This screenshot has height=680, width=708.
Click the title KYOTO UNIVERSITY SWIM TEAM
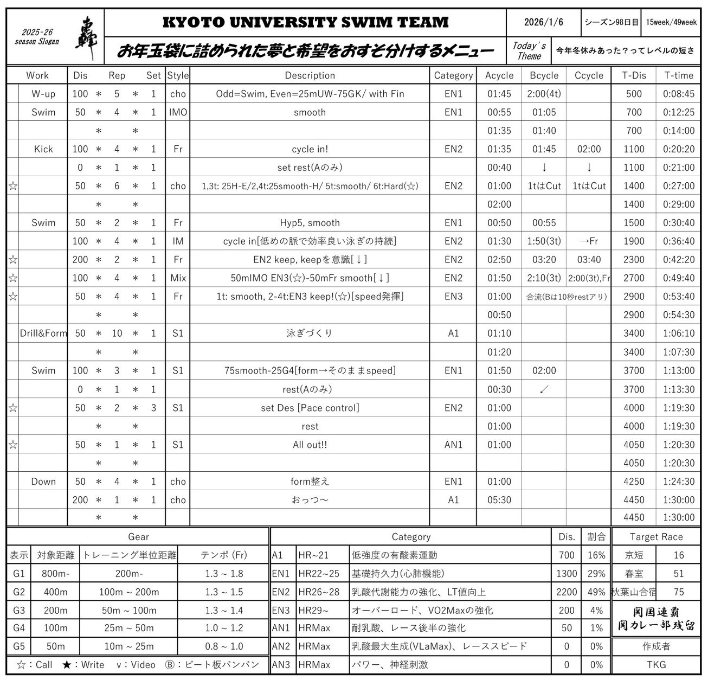(305, 22)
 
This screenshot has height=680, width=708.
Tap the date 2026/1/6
(543, 22)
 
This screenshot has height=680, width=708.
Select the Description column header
(310, 75)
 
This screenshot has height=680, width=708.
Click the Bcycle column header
(544, 75)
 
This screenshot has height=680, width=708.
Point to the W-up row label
(43, 94)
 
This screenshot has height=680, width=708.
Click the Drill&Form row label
(43, 333)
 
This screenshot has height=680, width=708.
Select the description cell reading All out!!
(310, 445)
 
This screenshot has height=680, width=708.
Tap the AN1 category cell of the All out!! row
(453, 445)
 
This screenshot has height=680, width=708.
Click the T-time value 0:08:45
(678, 94)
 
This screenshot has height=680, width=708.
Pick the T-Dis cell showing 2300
(634, 260)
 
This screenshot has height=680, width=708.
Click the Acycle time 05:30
(499, 500)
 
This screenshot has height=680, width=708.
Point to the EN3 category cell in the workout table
(453, 297)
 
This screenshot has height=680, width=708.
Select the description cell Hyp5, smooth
(310, 223)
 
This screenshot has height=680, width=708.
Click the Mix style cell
(178, 278)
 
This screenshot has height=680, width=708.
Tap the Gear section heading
(138, 537)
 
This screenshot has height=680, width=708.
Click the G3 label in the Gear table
(19, 611)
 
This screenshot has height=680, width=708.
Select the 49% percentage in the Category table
(596, 592)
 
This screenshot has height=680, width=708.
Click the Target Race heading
(656, 537)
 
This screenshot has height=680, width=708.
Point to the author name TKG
(656, 665)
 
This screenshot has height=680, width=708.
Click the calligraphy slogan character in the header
(86, 38)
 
